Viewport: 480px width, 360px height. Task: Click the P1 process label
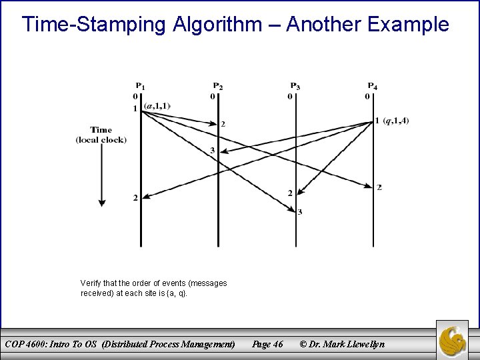(x=141, y=85)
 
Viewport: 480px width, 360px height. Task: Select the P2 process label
(x=218, y=85)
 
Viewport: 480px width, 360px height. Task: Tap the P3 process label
(x=295, y=85)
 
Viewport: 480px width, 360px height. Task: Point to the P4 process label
(x=373, y=85)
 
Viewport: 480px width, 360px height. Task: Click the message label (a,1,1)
(x=157, y=105)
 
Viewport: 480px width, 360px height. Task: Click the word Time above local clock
(x=101, y=129)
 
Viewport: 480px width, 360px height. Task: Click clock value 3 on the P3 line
(x=300, y=212)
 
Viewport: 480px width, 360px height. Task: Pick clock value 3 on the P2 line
(x=213, y=150)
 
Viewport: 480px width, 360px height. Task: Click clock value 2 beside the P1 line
(x=135, y=197)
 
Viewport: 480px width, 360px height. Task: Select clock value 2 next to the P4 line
(x=379, y=187)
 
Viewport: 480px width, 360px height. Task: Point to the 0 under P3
(x=290, y=96)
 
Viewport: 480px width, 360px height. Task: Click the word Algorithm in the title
(x=225, y=25)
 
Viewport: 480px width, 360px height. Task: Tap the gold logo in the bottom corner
(x=455, y=340)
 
